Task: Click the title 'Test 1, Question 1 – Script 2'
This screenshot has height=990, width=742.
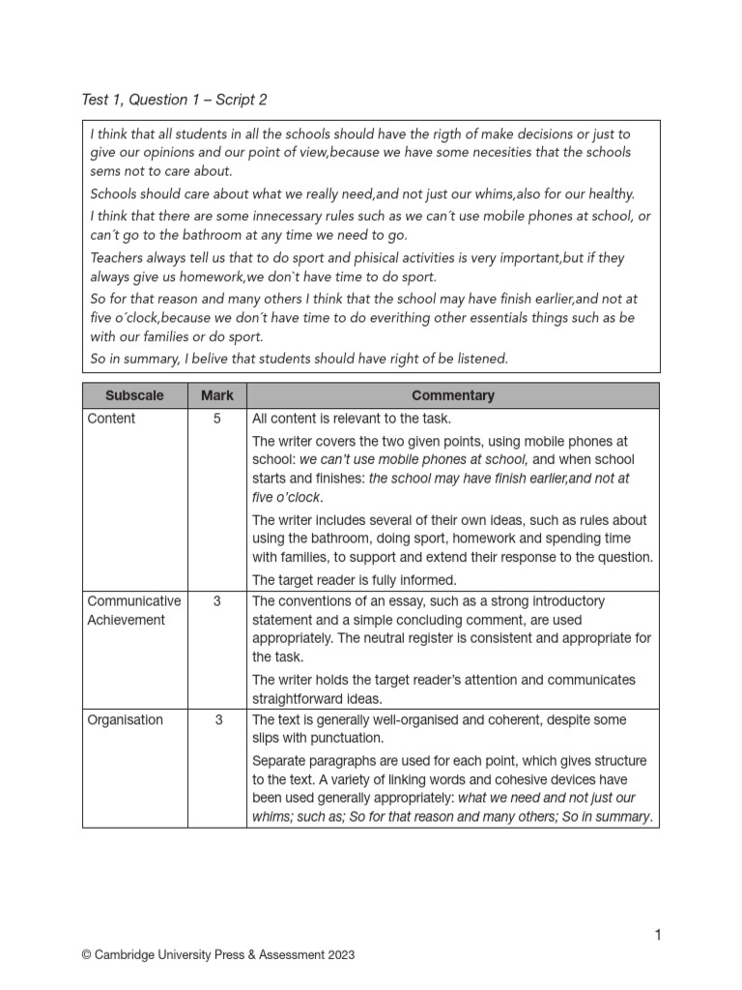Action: [175, 100]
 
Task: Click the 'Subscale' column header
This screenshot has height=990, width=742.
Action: [134, 395]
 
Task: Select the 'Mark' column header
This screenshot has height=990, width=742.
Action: [217, 395]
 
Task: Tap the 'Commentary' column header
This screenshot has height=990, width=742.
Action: [452, 395]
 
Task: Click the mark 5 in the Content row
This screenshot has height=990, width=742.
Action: [217, 419]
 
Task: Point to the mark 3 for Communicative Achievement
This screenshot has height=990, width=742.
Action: [217, 601]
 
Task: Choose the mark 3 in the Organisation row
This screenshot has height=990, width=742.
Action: [217, 720]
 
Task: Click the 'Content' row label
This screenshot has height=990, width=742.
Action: [111, 419]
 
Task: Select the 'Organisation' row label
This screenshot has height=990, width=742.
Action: [125, 720]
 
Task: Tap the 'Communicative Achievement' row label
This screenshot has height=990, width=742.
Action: [133, 610]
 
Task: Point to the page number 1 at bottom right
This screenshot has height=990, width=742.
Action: [657, 934]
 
